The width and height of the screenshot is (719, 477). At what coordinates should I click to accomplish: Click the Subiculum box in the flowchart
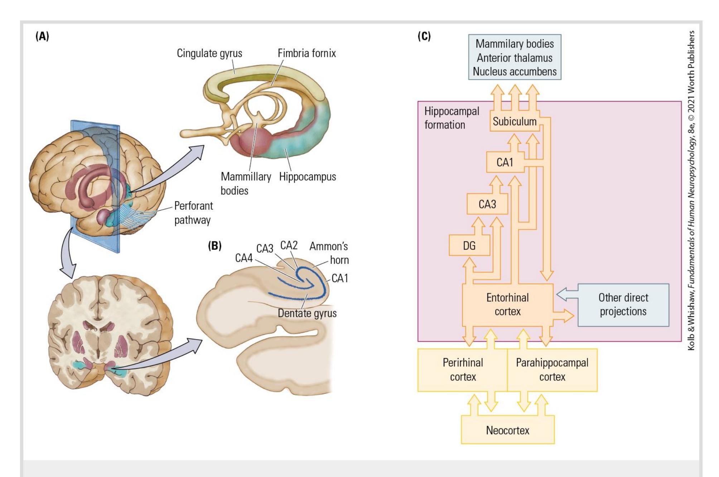click(514, 122)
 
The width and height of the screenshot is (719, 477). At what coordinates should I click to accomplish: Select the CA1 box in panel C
click(505, 162)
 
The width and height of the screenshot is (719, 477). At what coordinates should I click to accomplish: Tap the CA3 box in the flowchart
click(487, 204)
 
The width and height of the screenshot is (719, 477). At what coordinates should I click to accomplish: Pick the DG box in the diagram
click(469, 246)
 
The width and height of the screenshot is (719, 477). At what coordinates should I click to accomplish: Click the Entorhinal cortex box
click(507, 304)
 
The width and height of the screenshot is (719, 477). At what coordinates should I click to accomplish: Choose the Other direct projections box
click(623, 304)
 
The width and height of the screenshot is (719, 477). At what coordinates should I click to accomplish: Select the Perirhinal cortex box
click(463, 370)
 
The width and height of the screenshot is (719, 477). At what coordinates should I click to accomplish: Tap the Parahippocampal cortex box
click(552, 370)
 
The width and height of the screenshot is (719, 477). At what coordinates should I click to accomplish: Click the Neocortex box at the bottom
click(507, 430)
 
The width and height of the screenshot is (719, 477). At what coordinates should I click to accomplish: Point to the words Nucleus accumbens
click(515, 72)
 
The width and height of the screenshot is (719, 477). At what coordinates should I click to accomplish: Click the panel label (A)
click(42, 36)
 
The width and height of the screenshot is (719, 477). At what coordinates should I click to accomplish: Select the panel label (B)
click(215, 246)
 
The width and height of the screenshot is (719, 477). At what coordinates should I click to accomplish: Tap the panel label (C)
click(424, 36)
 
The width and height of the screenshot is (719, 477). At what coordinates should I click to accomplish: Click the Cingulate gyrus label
click(209, 53)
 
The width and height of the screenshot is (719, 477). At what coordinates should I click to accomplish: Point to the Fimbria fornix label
click(307, 53)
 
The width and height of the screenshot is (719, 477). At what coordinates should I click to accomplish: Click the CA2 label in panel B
click(289, 245)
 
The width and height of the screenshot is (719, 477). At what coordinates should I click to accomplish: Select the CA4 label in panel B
click(244, 258)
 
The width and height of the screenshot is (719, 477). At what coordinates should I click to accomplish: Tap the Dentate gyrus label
click(307, 313)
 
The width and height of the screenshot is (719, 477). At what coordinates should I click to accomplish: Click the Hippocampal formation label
click(452, 118)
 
